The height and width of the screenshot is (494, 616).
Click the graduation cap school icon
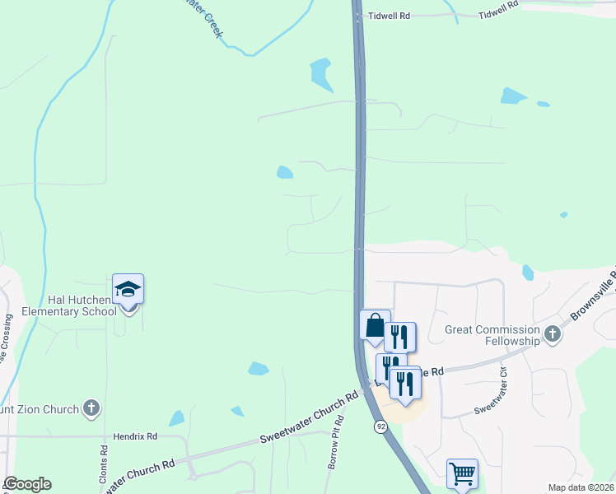tap(128, 290)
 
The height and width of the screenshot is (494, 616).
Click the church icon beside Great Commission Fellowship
tap(552, 334)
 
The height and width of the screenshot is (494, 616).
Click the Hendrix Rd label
tap(135, 436)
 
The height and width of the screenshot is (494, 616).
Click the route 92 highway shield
tap(381, 426)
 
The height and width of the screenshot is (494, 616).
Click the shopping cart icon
tap(462, 473)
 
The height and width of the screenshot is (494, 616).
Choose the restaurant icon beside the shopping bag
tap(399, 336)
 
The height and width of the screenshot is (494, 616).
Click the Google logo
tap(27, 484)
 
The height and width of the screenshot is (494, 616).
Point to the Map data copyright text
tap(581, 487)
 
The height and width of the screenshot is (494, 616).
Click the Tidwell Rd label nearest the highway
tap(389, 16)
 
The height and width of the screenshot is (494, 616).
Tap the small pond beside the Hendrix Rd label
tap(177, 418)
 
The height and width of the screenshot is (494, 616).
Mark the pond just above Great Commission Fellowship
tap(528, 272)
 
